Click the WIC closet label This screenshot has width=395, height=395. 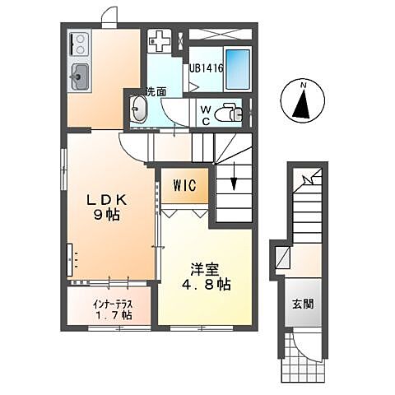coord(184,186)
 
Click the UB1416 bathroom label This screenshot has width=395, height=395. coord(206,68)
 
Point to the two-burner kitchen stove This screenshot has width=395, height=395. coord(81,40)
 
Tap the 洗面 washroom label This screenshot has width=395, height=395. coord(156,91)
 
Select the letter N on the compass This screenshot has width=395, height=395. coord(303,85)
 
